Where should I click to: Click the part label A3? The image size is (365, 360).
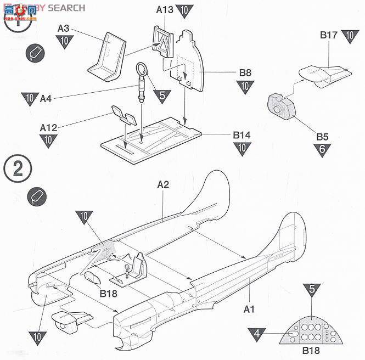coord(64,28)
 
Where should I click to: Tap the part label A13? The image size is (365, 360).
coord(165,9)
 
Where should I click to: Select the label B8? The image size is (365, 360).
coord(245,73)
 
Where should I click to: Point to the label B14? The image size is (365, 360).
coord(242,134)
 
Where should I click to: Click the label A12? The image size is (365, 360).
coord(49,127)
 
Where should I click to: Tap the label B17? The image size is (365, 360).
coord(329,35)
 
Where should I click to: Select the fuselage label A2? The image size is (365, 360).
coord(163,185)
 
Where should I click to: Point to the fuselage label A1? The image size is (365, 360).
coord(249,309)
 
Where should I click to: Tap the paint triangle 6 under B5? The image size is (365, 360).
coord(322,149)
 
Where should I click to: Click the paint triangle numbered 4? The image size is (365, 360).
coord(256,332)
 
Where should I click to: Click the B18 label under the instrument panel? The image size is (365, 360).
coord(312,351)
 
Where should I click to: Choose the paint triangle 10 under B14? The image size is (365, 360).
coord(242,148)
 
